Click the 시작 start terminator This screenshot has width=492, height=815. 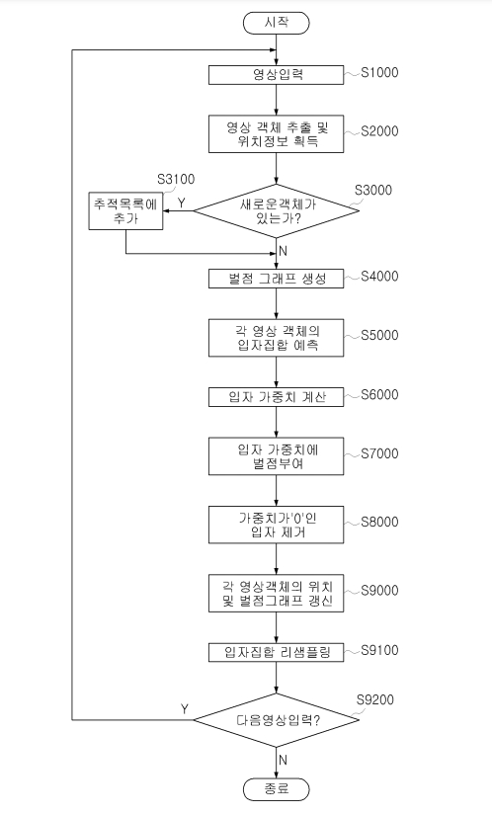pyautogui.click(x=276, y=23)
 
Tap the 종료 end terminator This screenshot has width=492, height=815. pyautogui.click(x=276, y=789)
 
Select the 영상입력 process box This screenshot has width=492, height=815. pyautogui.click(x=276, y=74)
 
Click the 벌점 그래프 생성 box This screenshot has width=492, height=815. pyautogui.click(x=276, y=278)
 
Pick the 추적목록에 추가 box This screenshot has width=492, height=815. pyautogui.click(x=125, y=210)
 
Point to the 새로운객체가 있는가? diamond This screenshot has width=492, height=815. pyautogui.click(x=276, y=211)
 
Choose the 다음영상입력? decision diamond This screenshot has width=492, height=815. pyautogui.click(x=276, y=720)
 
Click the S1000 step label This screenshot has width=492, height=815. pyautogui.click(x=379, y=72)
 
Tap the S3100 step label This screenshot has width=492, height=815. pyautogui.click(x=176, y=180)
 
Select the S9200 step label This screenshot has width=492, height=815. pyautogui.click(x=375, y=699)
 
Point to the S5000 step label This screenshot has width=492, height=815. pyautogui.click(x=379, y=335)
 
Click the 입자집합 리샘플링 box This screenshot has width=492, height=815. pyautogui.click(x=276, y=652)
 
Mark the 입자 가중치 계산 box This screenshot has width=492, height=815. pyautogui.click(x=276, y=396)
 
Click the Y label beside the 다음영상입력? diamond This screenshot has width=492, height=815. pyautogui.click(x=185, y=709)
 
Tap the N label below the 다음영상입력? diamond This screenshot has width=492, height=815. pyautogui.click(x=283, y=760)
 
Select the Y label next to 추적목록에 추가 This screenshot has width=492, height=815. pyautogui.click(x=182, y=203)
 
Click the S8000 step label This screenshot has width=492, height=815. pyautogui.click(x=379, y=522)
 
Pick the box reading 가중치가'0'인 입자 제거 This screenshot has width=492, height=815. pyautogui.click(x=276, y=525)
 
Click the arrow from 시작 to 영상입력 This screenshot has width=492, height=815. pyautogui.click(x=276, y=49)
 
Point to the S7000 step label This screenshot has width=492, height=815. pyautogui.click(x=379, y=453)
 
